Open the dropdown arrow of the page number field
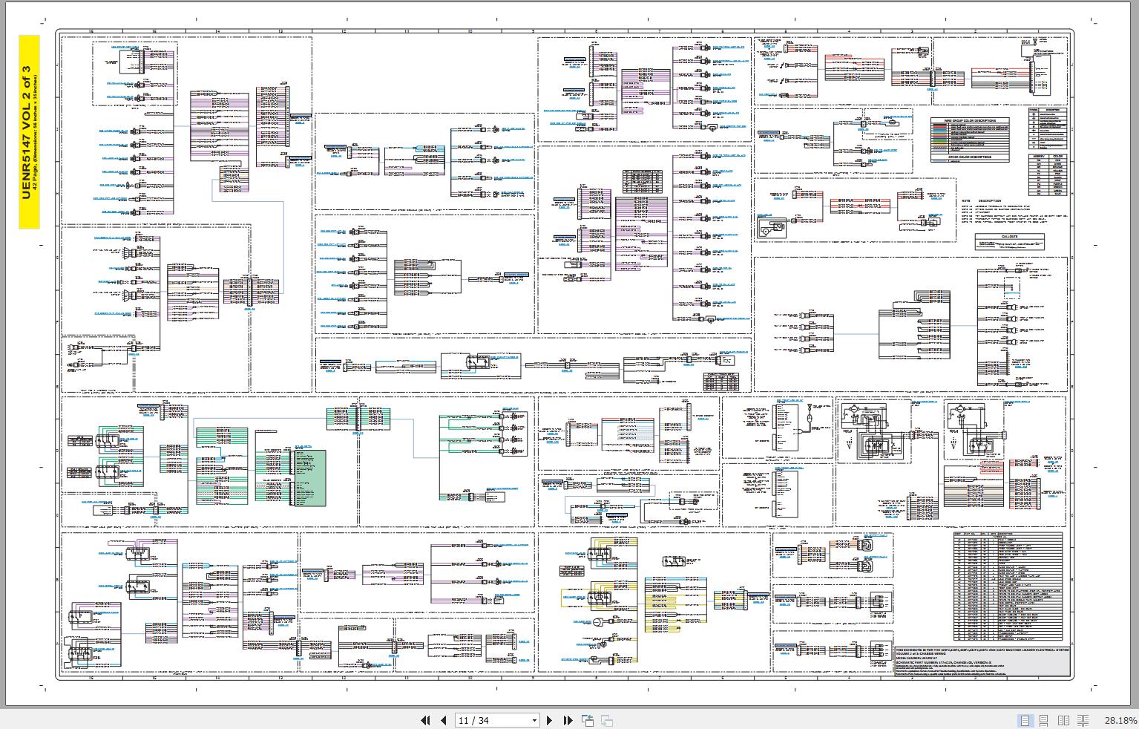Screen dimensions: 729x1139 [x=534, y=720]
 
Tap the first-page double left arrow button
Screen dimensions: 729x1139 [x=425, y=720]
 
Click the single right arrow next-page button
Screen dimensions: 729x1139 [x=549, y=720]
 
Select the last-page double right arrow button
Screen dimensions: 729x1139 [x=568, y=720]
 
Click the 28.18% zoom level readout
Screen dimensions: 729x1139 [x=1120, y=720]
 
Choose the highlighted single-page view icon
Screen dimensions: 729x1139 [x=1025, y=720]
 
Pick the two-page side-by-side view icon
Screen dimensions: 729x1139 [x=1063, y=720]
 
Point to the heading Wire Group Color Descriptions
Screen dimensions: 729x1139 [x=970, y=120]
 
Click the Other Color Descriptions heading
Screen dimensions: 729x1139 [x=970, y=157]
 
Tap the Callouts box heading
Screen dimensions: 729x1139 [x=1009, y=237]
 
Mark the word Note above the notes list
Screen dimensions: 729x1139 [x=966, y=200]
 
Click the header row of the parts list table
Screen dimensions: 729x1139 [x=1006, y=535]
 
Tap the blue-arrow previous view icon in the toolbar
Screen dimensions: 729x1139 [x=588, y=720]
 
